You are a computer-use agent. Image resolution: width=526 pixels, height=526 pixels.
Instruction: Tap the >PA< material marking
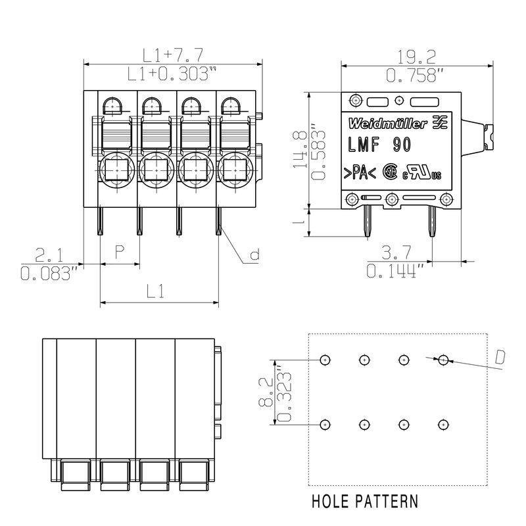[x=358, y=173]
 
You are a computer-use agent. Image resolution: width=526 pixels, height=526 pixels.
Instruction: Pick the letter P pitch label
[x=120, y=251]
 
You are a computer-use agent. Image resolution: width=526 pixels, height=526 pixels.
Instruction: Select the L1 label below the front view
[x=155, y=291]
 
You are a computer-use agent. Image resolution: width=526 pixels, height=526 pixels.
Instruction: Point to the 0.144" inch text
[x=395, y=270]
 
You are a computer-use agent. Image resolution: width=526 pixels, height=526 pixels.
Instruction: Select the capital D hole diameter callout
[x=500, y=357]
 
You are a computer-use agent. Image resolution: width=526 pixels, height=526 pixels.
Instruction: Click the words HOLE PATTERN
[x=364, y=502]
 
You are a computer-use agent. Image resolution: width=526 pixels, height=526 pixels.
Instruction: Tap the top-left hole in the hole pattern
[x=325, y=360]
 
